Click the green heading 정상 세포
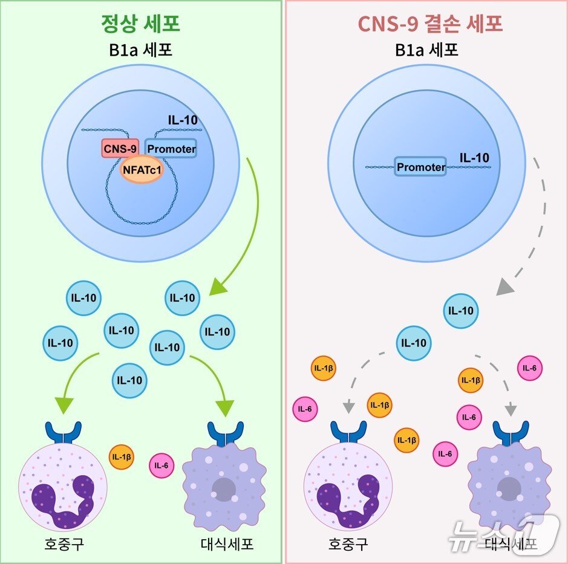(x=140, y=24)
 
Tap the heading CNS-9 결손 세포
(x=430, y=24)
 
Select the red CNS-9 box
(x=120, y=148)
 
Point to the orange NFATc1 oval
(x=142, y=169)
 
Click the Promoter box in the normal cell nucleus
(x=171, y=148)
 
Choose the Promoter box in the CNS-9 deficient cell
(x=420, y=166)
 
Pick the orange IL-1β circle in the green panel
(x=122, y=457)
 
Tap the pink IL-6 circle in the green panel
(x=162, y=465)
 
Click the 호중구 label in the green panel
(x=64, y=543)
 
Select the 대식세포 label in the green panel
(x=227, y=543)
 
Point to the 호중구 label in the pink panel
(x=348, y=543)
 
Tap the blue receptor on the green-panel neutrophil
(x=64, y=433)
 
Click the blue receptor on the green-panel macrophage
(x=225, y=433)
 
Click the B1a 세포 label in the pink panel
(x=426, y=50)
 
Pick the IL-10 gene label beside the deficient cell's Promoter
(x=474, y=158)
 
